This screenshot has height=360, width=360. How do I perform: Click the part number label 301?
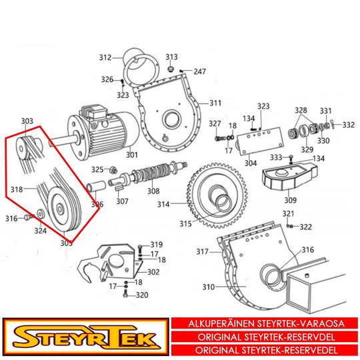[132, 155]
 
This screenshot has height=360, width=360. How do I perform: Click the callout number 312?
[105, 57]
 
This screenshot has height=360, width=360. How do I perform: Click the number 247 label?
[199, 71]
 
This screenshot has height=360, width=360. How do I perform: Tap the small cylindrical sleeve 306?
[96, 186]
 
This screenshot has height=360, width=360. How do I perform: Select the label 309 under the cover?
[290, 200]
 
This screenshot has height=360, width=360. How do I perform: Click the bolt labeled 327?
[220, 139]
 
